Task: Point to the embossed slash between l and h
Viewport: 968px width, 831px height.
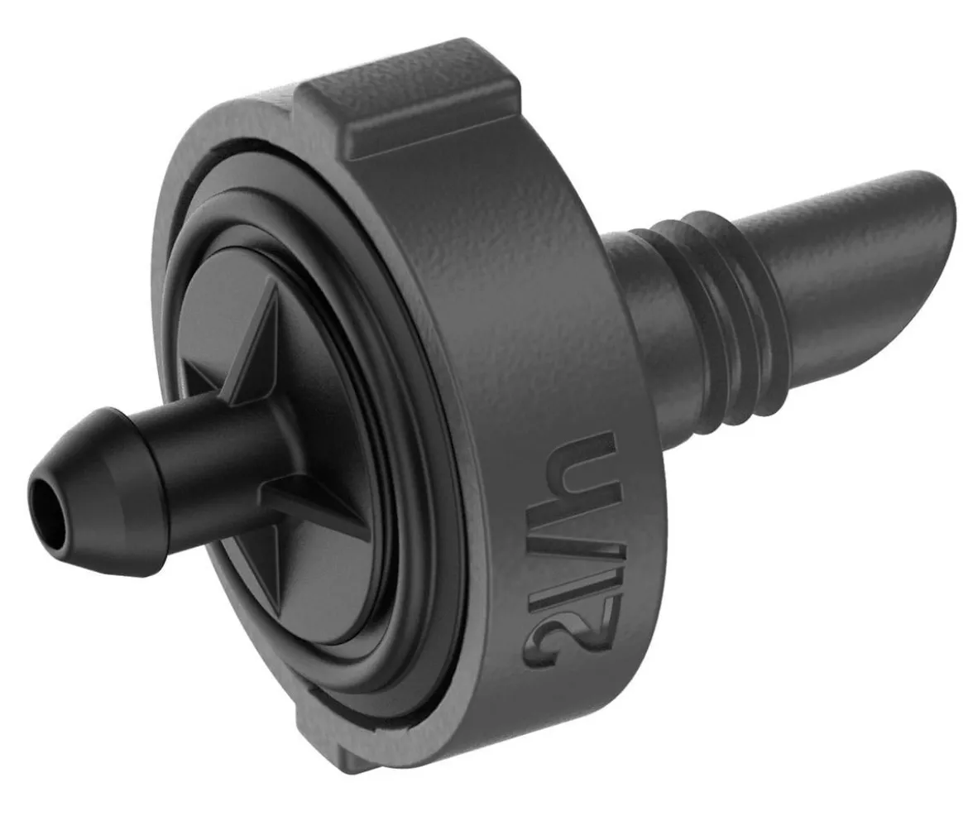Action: [574, 546]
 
